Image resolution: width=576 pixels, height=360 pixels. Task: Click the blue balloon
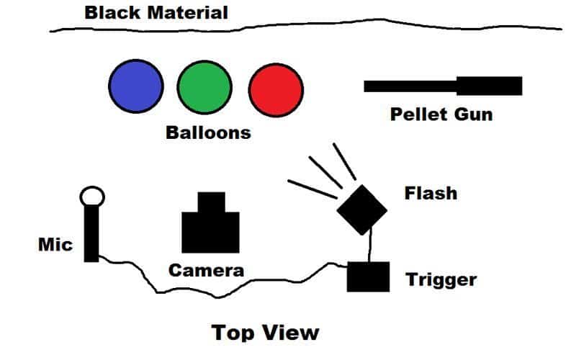135,86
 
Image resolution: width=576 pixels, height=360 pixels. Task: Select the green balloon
204,86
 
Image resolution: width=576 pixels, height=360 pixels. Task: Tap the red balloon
275,88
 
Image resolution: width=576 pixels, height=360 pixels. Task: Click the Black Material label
156,12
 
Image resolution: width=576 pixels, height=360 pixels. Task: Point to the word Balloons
208,132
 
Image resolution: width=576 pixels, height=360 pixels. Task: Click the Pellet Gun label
441,114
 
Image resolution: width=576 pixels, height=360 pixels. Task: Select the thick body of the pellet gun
489,86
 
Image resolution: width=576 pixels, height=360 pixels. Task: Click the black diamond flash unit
361,210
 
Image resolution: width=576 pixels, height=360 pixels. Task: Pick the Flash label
431,193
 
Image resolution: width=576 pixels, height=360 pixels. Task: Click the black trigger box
368,276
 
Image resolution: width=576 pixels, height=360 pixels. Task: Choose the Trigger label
441,279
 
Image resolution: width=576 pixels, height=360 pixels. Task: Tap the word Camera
207,271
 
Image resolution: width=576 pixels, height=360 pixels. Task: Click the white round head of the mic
92,196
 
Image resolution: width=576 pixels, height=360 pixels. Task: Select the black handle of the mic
91,234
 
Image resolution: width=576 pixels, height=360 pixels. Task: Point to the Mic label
55,245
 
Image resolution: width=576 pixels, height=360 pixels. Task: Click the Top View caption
265,333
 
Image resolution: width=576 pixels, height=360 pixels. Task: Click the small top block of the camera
211,202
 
